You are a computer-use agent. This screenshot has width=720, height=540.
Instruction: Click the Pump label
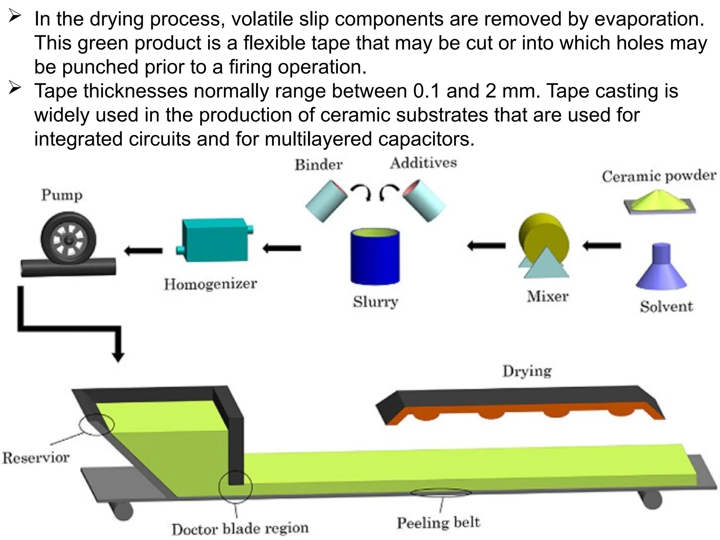coord(62,195)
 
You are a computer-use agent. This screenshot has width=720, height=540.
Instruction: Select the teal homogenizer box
coord(215,240)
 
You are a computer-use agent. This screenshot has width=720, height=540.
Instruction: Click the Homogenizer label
coord(210,284)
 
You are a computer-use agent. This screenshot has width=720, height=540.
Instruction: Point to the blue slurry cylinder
coord(375,256)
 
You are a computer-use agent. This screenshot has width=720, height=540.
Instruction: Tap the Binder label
coord(319,165)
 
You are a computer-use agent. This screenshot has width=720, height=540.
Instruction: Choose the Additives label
coord(423,163)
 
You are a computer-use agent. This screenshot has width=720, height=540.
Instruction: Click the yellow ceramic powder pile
coord(660,202)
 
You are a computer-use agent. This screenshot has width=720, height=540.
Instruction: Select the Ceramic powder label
coord(659,176)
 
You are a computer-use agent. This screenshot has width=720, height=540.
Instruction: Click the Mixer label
coord(547,296)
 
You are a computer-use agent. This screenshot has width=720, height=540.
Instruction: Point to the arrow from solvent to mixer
coord(602,246)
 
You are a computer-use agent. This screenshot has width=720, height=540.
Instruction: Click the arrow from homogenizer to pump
coord(143,251)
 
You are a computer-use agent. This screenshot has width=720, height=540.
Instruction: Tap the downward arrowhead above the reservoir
coord(118,357)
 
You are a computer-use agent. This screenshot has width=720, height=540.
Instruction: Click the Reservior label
coord(36,458)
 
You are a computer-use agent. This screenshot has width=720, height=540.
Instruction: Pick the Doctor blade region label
coord(240,529)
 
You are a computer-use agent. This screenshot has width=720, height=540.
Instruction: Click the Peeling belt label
coord(438,522)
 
